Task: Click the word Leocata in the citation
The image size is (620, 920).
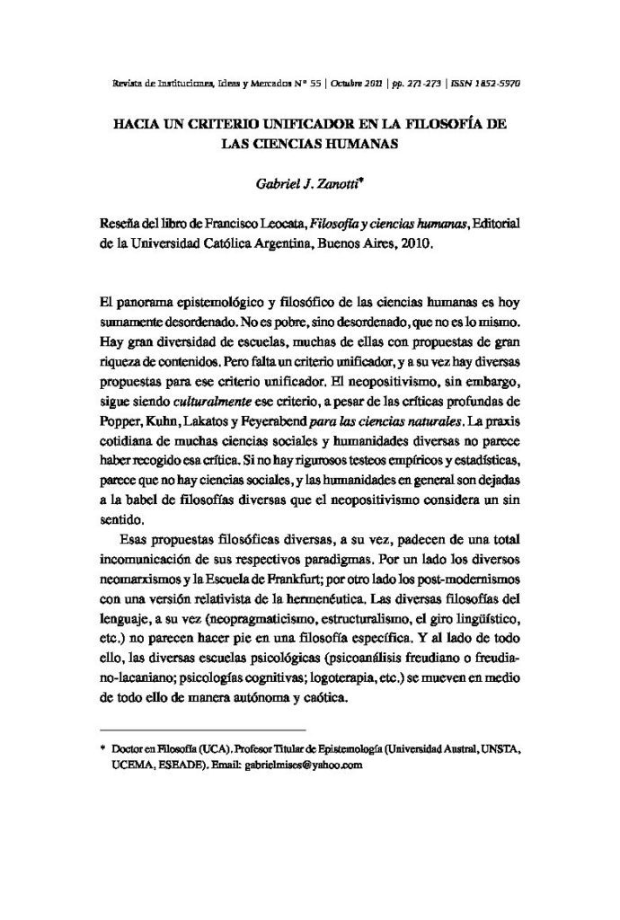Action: [278, 224]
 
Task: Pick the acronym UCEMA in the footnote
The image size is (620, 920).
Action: [130, 765]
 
